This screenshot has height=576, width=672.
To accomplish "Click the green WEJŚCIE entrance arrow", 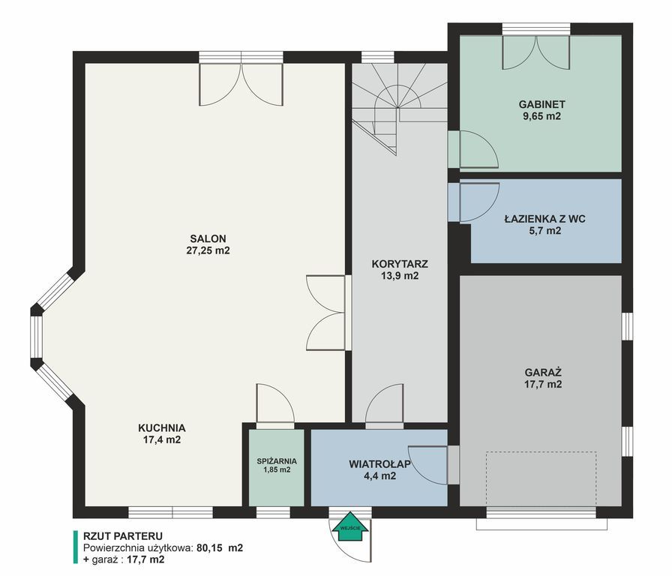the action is pos(350,526).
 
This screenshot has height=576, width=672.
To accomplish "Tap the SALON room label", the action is pos(208,238).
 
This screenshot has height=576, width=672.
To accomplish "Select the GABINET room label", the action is pos(541,104).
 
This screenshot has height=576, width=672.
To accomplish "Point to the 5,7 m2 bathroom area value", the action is pos(544,231).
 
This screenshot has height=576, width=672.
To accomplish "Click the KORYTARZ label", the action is pos(400,264).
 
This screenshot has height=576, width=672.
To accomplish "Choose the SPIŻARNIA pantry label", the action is pos(277,461).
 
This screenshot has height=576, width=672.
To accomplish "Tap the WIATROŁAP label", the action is pos(379,464).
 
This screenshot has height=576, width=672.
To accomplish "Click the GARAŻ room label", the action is pos(543,372).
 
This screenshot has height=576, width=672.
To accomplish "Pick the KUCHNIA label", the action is pos(161,427).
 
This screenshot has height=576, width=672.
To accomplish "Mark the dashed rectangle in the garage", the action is pos(541,479).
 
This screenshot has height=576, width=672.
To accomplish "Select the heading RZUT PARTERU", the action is pos(122,535).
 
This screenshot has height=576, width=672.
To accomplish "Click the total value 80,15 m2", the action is pos(220,547).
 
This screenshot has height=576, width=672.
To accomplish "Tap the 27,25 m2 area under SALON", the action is pos(208,250).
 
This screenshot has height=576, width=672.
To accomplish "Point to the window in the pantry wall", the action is pos(274,512).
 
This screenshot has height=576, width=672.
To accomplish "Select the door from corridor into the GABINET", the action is pos(472,149).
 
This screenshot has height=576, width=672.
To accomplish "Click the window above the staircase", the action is pos(377,57).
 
